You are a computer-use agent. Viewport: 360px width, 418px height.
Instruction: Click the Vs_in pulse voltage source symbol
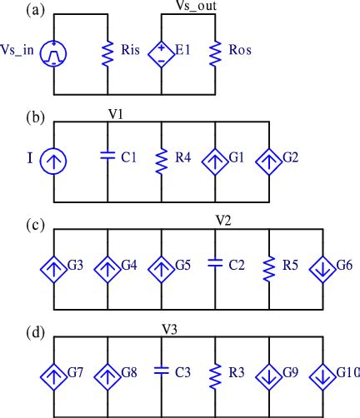(x=54, y=53)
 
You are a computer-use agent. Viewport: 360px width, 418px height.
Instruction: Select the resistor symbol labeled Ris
(x=107, y=53)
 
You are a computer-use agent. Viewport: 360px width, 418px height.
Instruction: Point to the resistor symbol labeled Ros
(x=215, y=53)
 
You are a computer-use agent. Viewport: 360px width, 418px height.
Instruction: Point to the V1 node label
(x=117, y=114)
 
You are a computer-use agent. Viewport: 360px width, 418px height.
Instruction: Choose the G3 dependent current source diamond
(x=54, y=268)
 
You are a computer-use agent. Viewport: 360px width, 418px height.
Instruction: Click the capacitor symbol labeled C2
(x=215, y=267)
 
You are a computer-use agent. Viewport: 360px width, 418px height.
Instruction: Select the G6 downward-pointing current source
(x=322, y=268)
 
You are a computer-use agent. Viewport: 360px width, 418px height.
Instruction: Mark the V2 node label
(x=222, y=222)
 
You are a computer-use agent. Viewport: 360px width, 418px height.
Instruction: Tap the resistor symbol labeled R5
(x=269, y=268)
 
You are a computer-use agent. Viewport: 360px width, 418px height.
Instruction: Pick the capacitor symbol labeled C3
(x=161, y=375)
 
